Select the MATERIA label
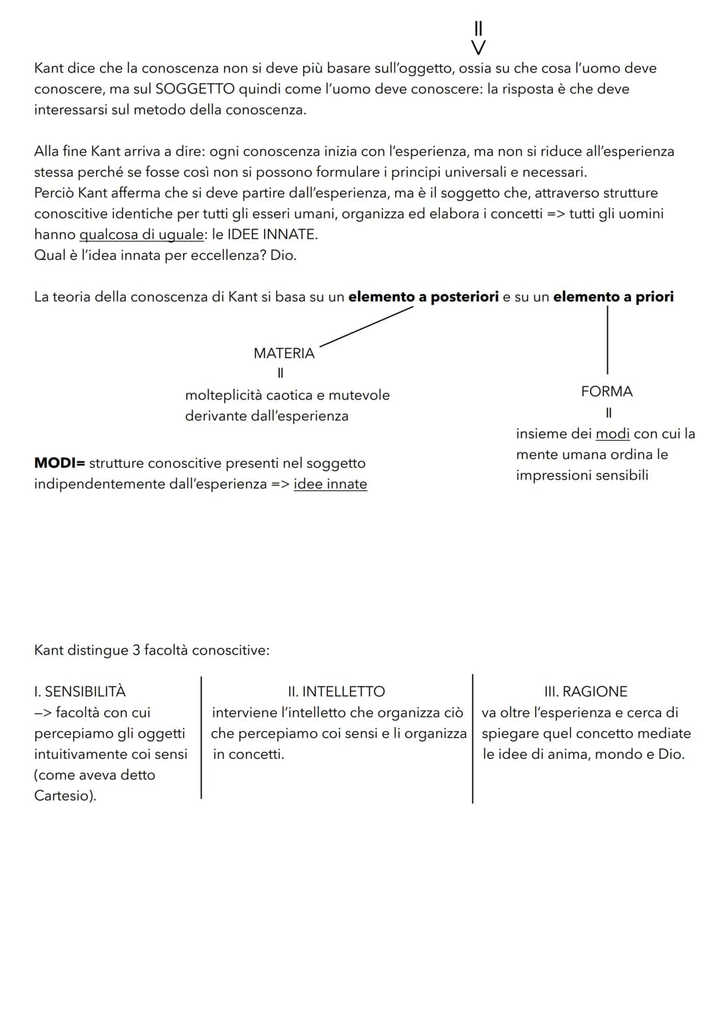(284, 354)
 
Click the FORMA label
(607, 391)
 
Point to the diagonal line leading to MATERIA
(366, 326)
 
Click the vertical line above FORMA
(607, 340)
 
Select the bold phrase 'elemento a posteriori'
(423, 297)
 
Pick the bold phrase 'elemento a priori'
(613, 297)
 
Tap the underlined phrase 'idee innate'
(330, 484)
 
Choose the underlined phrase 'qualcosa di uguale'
(141, 234)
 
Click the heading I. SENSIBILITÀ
(80, 691)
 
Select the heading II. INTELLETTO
(336, 691)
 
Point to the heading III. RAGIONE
(585, 691)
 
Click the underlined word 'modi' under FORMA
(613, 434)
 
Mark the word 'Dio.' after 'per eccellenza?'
(283, 255)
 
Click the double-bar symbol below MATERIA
(280, 373)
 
